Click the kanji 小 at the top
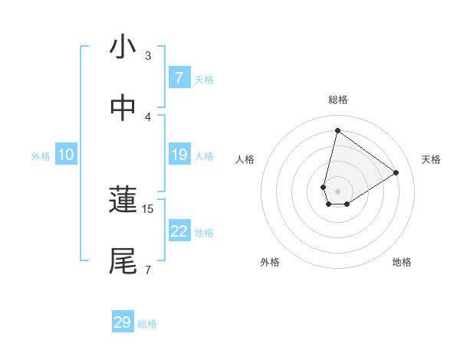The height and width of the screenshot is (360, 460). [123, 47]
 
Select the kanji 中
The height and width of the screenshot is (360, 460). [123, 108]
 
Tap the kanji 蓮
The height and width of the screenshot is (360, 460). [123, 200]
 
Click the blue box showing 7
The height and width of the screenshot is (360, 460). [179, 78]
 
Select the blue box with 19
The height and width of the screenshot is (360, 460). [179, 155]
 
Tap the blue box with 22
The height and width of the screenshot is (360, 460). [179, 231]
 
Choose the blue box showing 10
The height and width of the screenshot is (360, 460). [65, 155]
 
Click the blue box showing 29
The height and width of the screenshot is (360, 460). [123, 322]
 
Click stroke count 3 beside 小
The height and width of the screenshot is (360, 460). [148, 56]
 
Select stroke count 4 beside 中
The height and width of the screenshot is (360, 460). [148, 116]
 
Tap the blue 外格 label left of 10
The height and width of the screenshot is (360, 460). [41, 155]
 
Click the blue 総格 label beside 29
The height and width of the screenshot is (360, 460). [147, 323]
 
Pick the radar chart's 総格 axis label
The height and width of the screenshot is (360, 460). [337, 100]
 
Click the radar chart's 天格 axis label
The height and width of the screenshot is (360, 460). [431, 159]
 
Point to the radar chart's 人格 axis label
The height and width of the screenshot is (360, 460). [245, 159]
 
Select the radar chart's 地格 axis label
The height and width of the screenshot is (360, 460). [402, 262]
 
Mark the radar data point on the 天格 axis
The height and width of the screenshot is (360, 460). [396, 172]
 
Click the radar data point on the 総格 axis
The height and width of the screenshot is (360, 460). [337, 130]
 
